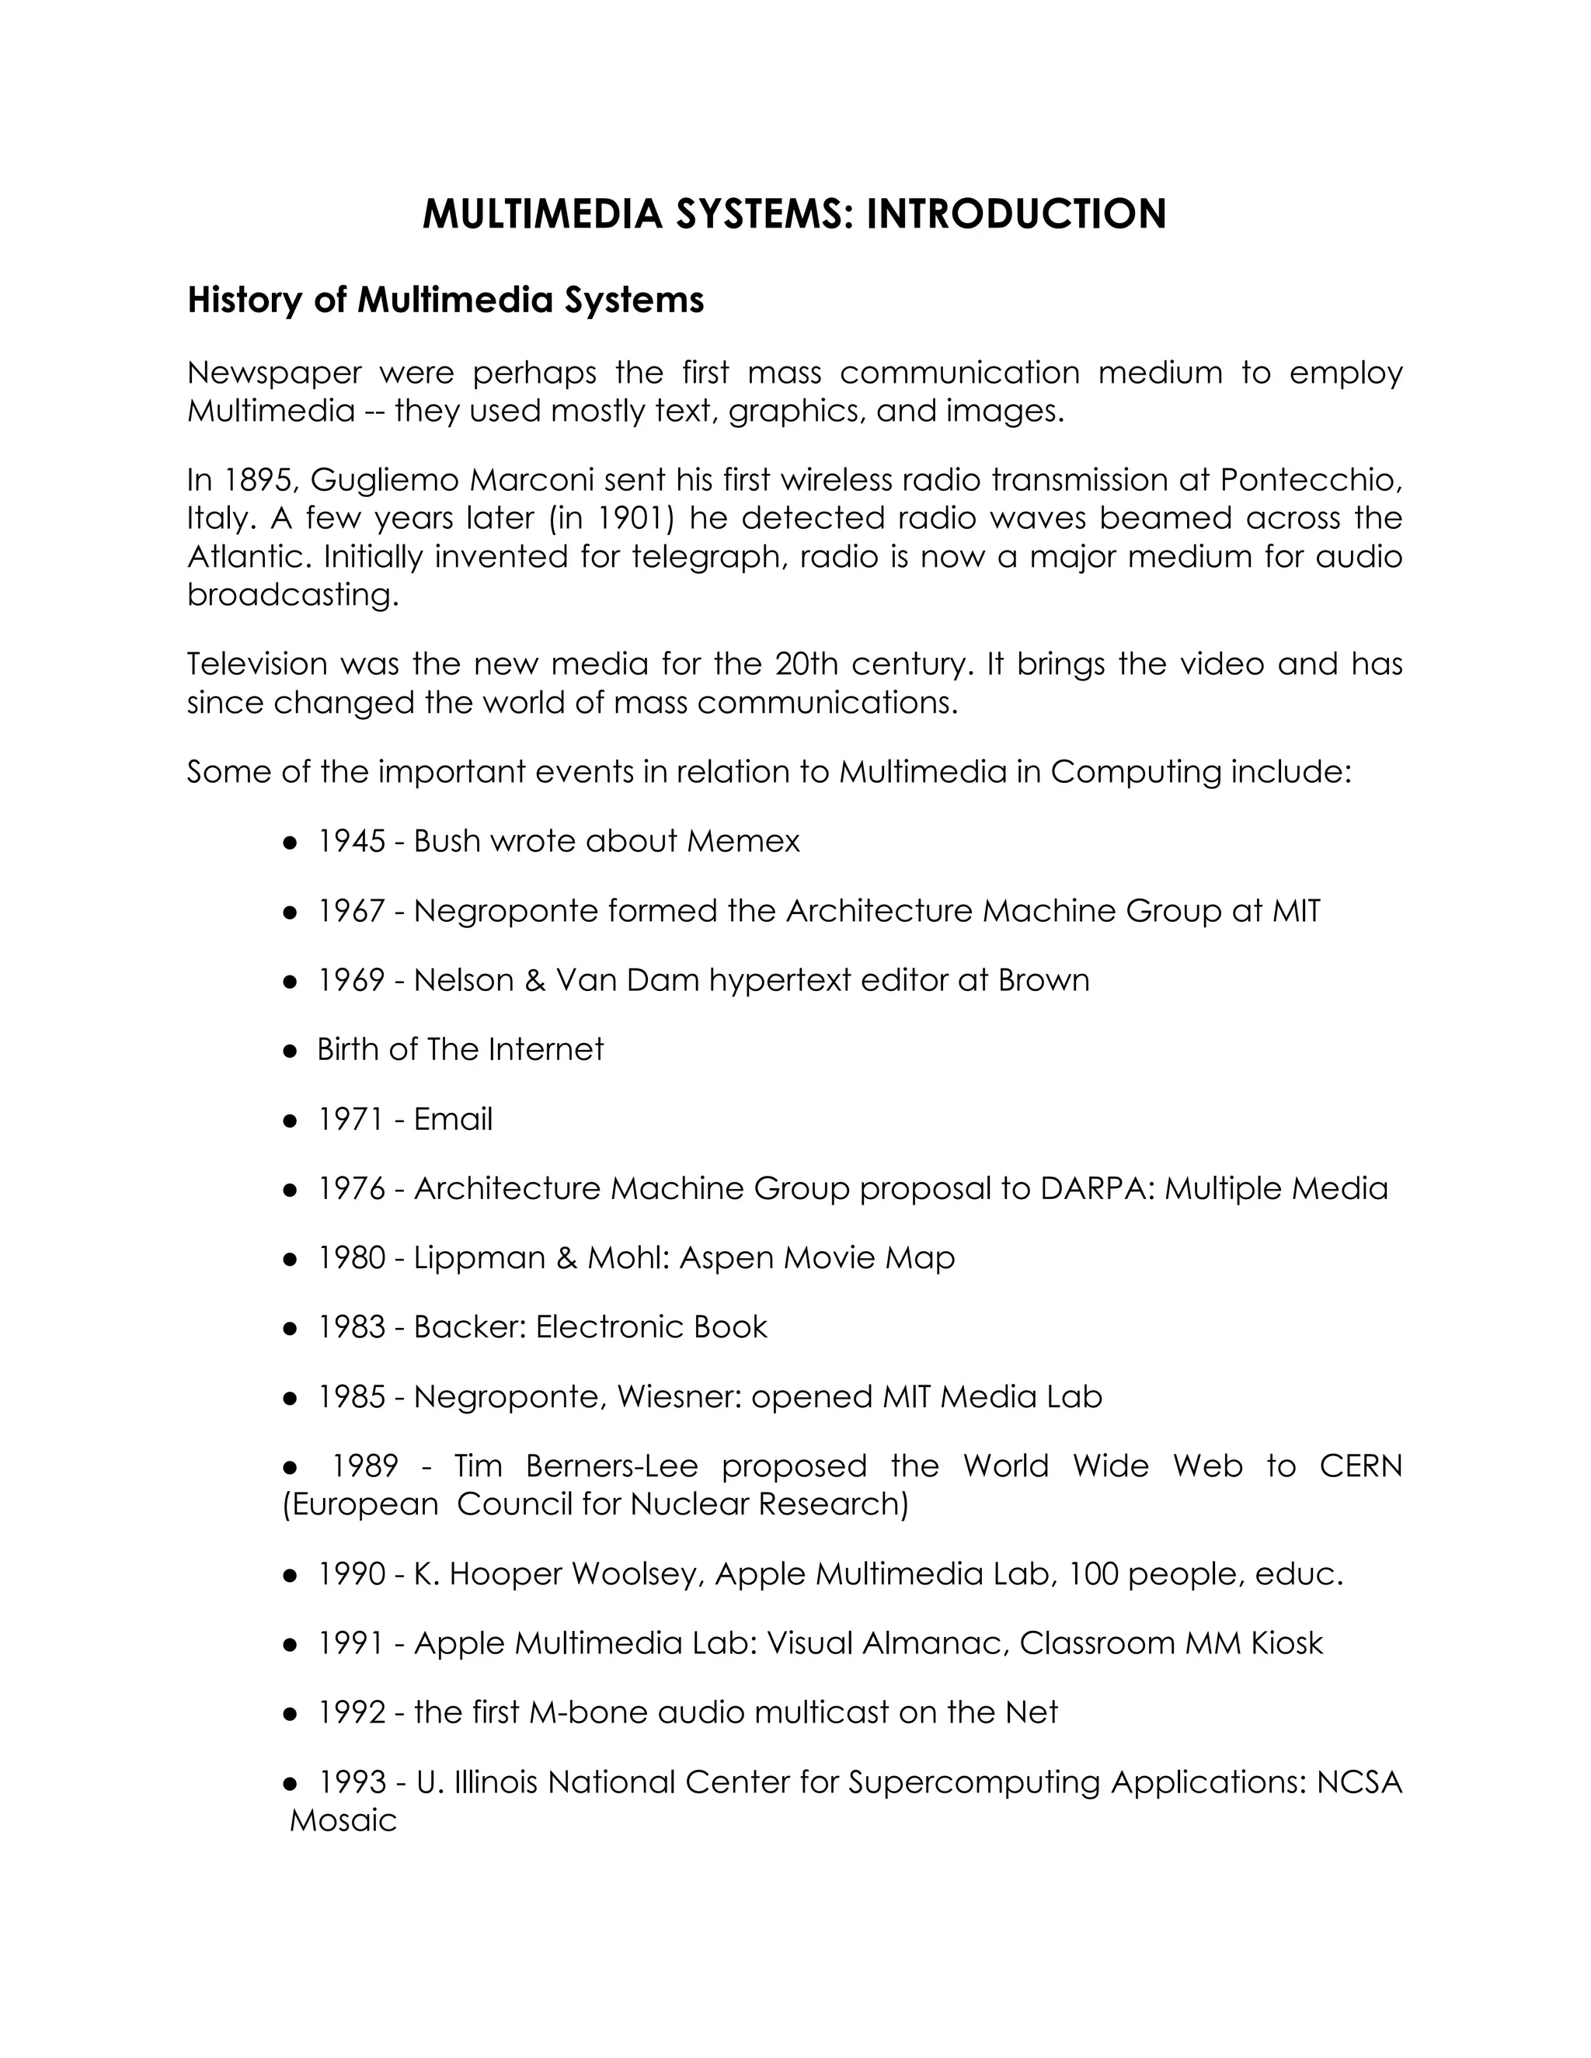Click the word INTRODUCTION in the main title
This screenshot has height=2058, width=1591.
[1016, 214]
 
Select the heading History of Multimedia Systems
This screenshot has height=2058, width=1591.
[445, 300]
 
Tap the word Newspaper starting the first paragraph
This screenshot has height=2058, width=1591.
[274, 373]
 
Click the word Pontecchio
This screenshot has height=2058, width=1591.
[1309, 481]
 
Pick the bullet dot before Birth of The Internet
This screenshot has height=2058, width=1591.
[291, 1051]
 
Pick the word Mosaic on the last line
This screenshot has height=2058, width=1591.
[343, 1820]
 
